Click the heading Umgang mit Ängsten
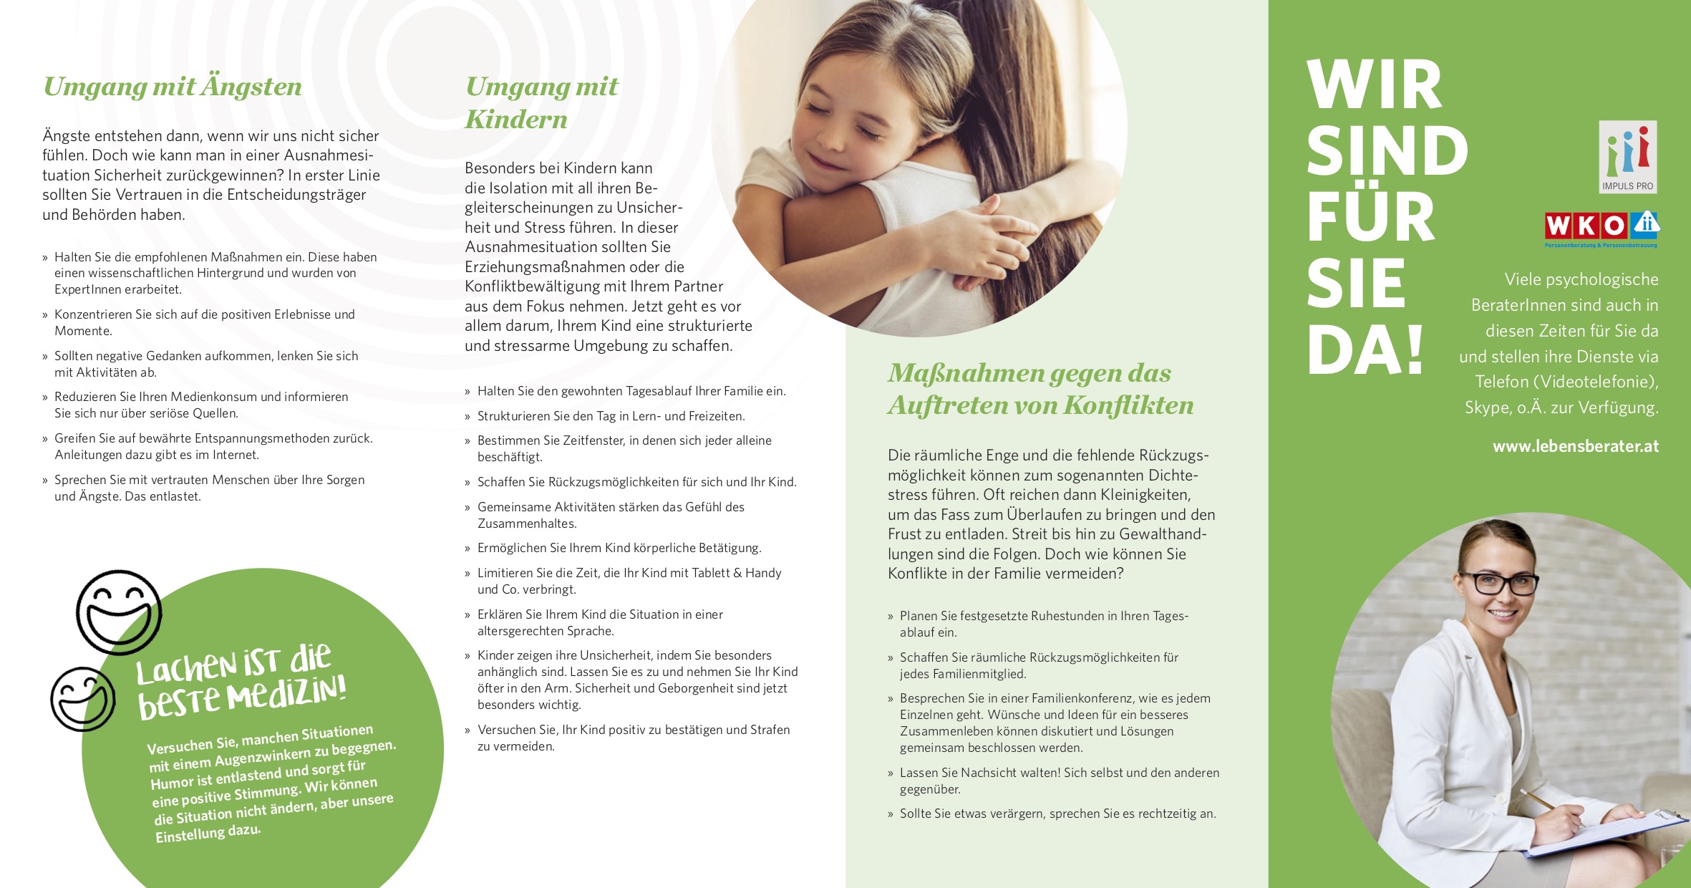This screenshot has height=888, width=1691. [173, 87]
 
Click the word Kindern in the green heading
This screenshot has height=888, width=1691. [516, 120]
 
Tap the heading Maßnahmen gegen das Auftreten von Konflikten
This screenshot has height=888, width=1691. [1040, 389]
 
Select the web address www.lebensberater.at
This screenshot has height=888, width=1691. [1575, 446]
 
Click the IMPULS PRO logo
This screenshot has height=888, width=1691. [1627, 157]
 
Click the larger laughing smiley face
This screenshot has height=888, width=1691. [119, 612]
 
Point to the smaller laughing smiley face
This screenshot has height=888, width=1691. [83, 699]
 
